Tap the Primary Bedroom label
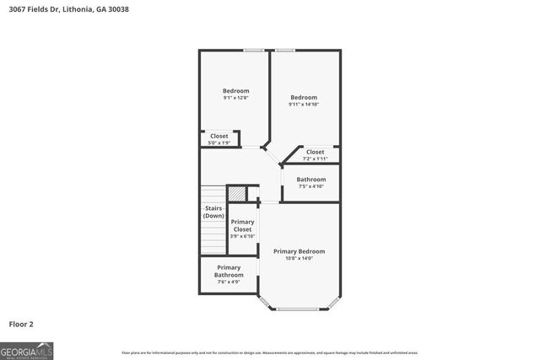(x=299, y=251)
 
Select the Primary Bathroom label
(x=229, y=271)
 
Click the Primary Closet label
(x=242, y=225)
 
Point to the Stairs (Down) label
(x=213, y=212)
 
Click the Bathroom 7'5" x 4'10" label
(x=310, y=180)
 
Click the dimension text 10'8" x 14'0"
(x=299, y=259)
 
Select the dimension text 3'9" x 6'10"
(x=242, y=236)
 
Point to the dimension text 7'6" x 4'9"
(x=229, y=282)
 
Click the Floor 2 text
(x=21, y=323)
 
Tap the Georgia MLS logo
(x=27, y=350)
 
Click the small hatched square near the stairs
(x=237, y=193)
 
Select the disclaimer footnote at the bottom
(x=270, y=352)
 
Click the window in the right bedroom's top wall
(x=284, y=51)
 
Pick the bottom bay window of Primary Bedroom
(x=300, y=309)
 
